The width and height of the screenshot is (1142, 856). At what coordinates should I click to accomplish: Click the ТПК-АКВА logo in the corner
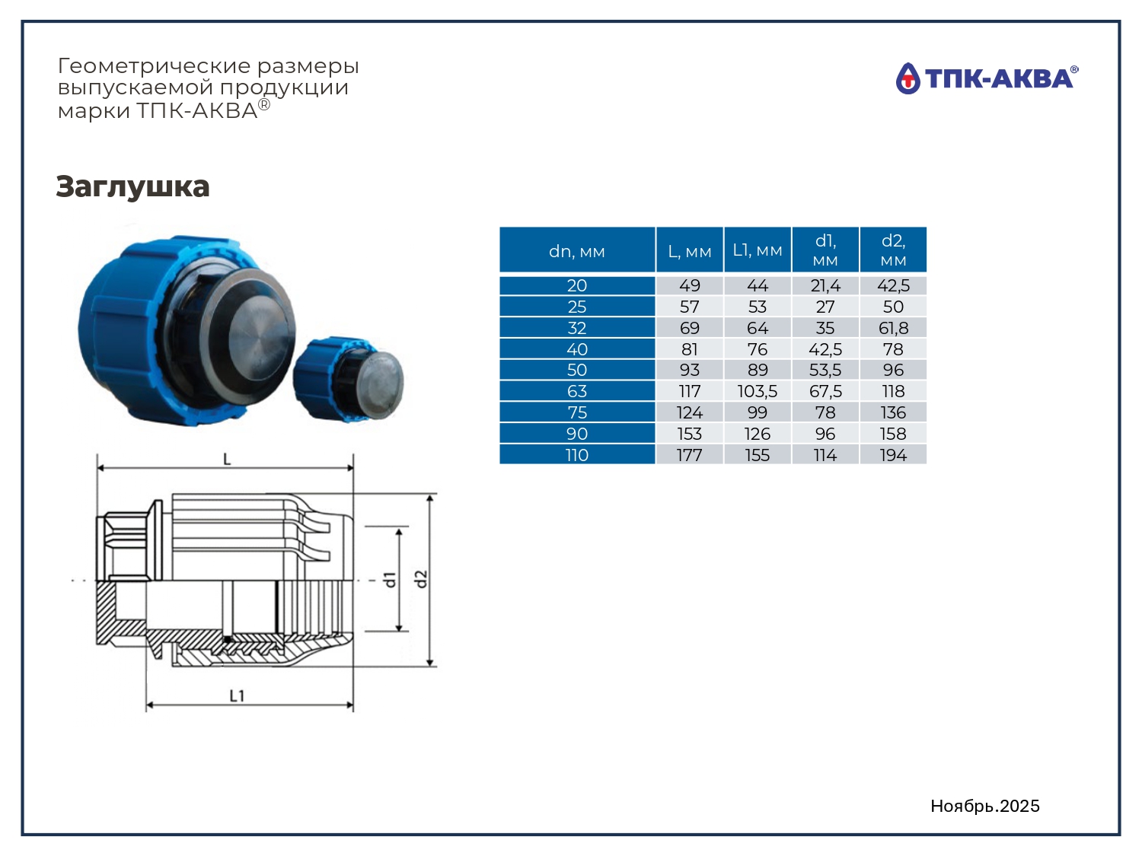[x=987, y=78]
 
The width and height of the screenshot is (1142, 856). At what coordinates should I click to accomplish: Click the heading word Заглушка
[x=132, y=186]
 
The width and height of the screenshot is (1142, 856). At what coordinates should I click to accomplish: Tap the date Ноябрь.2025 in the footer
[x=985, y=806]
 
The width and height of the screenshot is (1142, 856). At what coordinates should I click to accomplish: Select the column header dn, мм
[x=577, y=252]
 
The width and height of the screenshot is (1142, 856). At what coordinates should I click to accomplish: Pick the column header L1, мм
[x=758, y=250]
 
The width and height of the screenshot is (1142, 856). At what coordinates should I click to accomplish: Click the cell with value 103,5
[x=758, y=391]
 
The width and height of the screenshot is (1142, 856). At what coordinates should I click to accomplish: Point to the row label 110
[x=577, y=455]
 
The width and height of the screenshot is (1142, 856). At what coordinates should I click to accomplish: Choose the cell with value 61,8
[x=893, y=328]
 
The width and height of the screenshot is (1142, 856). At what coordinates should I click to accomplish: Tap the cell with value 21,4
[x=825, y=285]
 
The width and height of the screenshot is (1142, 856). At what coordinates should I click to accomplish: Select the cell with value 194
[x=893, y=455]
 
